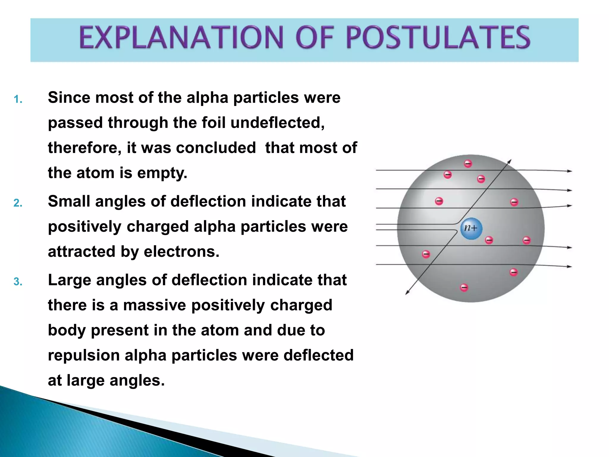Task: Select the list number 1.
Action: [x=18, y=100]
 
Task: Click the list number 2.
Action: [x=18, y=203]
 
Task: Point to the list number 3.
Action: [x=18, y=282]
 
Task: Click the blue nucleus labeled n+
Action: [x=471, y=228]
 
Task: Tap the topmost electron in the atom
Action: [x=468, y=164]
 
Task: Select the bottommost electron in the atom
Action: [x=464, y=287]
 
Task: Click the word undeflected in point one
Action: [x=277, y=123]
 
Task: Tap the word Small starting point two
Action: [x=69, y=201]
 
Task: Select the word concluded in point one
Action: [x=216, y=148]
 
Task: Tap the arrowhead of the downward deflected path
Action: [x=407, y=293]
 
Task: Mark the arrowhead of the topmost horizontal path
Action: [x=570, y=171]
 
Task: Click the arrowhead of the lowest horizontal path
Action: [x=570, y=267]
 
